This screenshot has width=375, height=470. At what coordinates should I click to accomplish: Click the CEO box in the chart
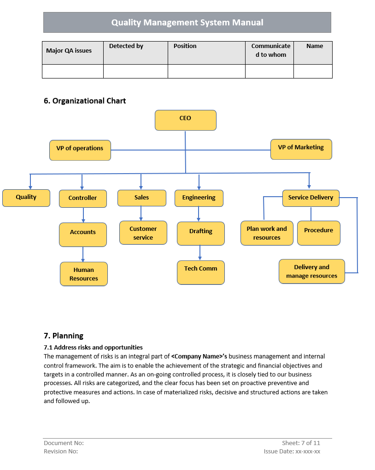pyautogui.click(x=185, y=120)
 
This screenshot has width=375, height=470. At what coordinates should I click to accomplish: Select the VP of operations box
pyautogui.click(x=80, y=150)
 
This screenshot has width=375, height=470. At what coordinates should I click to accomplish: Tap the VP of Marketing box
pyautogui.click(x=301, y=149)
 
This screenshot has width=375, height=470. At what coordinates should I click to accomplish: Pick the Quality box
pyautogui.click(x=26, y=198)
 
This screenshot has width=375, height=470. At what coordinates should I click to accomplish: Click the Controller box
pyautogui.click(x=83, y=199)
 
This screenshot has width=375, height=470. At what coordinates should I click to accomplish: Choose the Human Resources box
pyautogui.click(x=84, y=274)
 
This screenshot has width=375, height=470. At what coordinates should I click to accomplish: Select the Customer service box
pyautogui.click(x=143, y=233)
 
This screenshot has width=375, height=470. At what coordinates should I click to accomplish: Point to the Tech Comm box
pyautogui.click(x=201, y=272)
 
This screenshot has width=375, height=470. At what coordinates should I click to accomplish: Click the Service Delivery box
pyautogui.click(x=311, y=198)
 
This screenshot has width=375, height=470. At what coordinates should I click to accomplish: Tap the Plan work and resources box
pyautogui.click(x=267, y=233)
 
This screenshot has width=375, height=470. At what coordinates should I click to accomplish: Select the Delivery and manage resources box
pyautogui.click(x=312, y=271)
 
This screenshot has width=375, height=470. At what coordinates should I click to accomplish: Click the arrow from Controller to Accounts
pyautogui.click(x=83, y=215)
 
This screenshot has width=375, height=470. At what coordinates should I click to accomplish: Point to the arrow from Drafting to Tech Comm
pyautogui.click(x=200, y=253)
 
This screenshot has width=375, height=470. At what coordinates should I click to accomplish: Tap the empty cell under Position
pyautogui.click(x=206, y=72)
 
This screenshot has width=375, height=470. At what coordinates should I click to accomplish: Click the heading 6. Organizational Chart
pyautogui.click(x=85, y=101)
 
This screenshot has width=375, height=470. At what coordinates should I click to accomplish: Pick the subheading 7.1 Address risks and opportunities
pyautogui.click(x=93, y=347)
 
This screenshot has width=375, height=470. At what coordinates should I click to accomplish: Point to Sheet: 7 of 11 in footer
pyautogui.click(x=301, y=443)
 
